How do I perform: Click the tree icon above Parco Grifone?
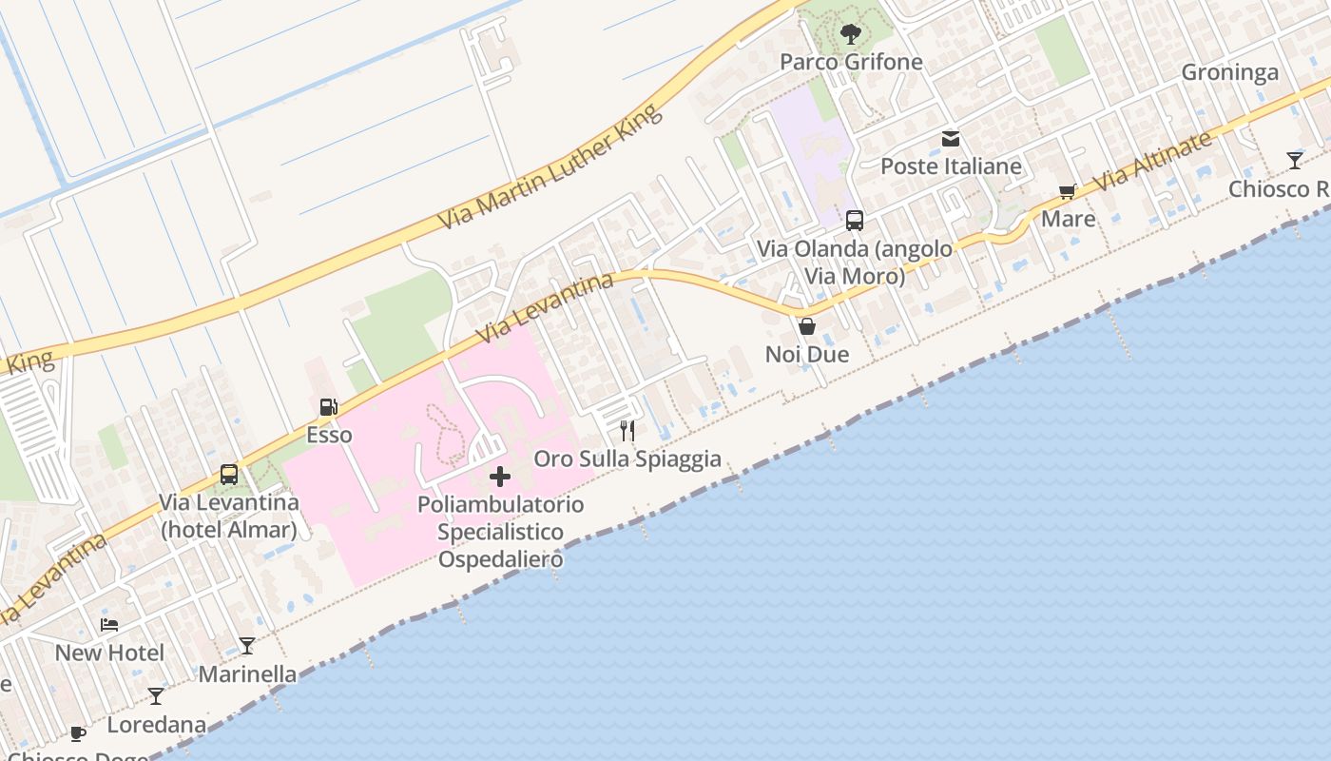click(x=851, y=35)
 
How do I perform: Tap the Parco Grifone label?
click(x=851, y=62)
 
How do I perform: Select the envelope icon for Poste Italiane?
click(x=950, y=139)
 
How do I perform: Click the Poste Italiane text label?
click(x=951, y=166)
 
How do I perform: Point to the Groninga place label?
click(x=1229, y=73)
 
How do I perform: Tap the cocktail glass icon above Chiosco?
click(x=1295, y=160)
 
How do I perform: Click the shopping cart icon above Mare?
click(x=1068, y=192)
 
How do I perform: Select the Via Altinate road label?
click(x=1152, y=160)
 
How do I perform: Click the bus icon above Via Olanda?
click(x=855, y=221)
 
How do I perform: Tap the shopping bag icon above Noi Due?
click(x=807, y=326)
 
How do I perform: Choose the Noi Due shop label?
click(x=807, y=355)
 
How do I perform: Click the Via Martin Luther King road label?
click(x=550, y=168)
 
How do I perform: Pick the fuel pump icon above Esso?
click(x=329, y=407)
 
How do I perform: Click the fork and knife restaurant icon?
click(x=627, y=431)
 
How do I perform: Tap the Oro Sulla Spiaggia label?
click(x=627, y=459)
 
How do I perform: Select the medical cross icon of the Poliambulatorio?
click(x=500, y=477)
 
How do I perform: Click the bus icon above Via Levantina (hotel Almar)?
click(x=229, y=474)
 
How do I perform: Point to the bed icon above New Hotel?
click(x=109, y=625)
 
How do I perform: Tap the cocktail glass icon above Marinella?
click(x=247, y=646)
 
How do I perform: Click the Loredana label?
click(x=156, y=725)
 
